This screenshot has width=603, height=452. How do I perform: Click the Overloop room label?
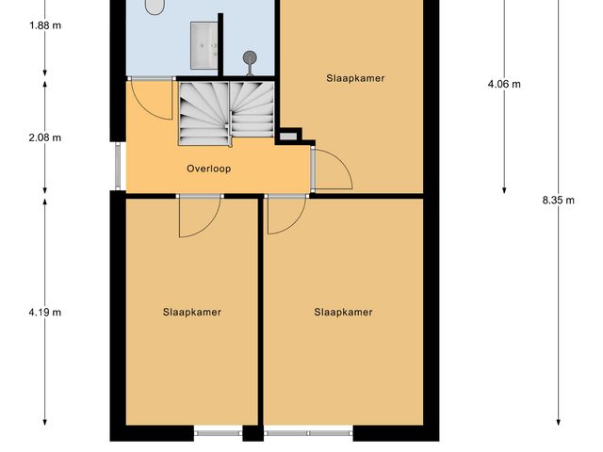click(x=208, y=169)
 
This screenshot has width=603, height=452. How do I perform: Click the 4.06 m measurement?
click(x=504, y=84)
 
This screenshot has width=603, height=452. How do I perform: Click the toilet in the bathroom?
click(x=155, y=7)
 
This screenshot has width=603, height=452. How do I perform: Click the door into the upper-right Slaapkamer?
click(x=330, y=169)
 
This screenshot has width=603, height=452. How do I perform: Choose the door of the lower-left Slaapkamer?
click(x=197, y=215)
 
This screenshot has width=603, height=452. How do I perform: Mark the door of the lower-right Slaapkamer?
click(x=284, y=214)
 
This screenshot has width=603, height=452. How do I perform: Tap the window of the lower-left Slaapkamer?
click(x=219, y=434)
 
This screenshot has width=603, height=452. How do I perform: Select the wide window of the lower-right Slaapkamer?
click(x=308, y=434)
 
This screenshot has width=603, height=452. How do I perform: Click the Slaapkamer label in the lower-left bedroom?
click(x=191, y=313)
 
